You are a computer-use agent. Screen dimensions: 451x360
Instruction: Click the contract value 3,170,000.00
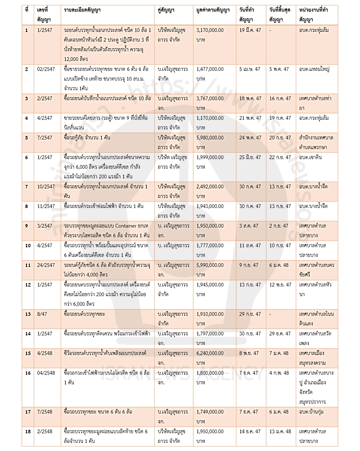213,31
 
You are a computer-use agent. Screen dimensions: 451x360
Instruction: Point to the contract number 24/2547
46,262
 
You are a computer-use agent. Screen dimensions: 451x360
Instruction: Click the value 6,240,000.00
213,354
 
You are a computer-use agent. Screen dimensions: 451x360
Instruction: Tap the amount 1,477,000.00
213,70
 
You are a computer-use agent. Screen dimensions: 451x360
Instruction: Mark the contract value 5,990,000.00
213,262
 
